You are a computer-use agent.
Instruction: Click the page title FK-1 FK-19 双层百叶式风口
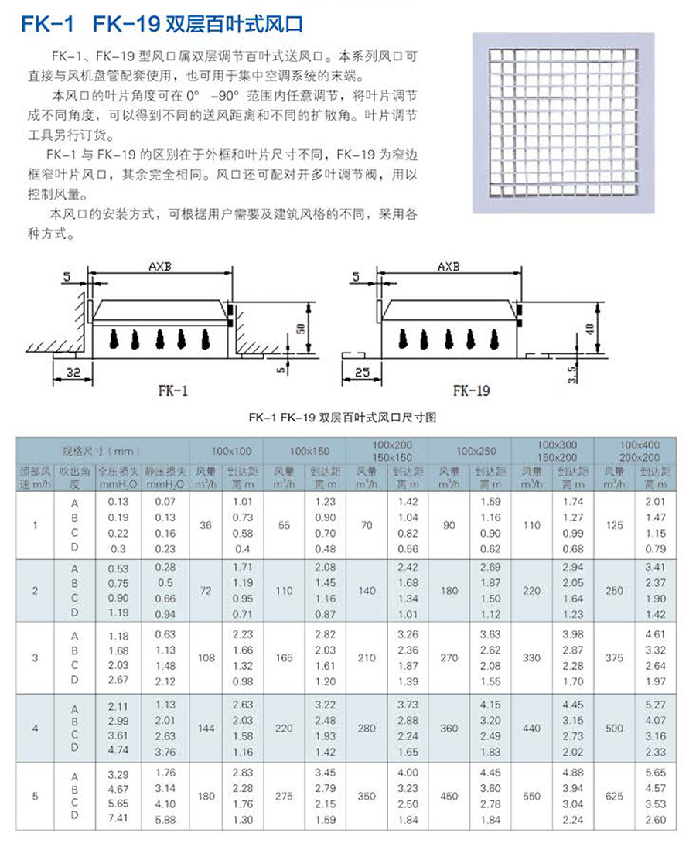click(x=162, y=25)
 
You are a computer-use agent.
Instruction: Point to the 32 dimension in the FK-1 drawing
click(x=73, y=373)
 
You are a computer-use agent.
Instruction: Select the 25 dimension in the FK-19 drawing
click(x=360, y=373)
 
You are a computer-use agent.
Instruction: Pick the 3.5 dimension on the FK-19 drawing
click(x=571, y=374)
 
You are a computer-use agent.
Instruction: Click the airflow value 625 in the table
click(x=615, y=796)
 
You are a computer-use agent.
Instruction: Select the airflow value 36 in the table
click(x=205, y=525)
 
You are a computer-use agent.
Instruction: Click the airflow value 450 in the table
click(x=449, y=796)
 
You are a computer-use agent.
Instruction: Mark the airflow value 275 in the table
click(x=285, y=796)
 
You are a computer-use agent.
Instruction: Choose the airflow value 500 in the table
click(x=615, y=728)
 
